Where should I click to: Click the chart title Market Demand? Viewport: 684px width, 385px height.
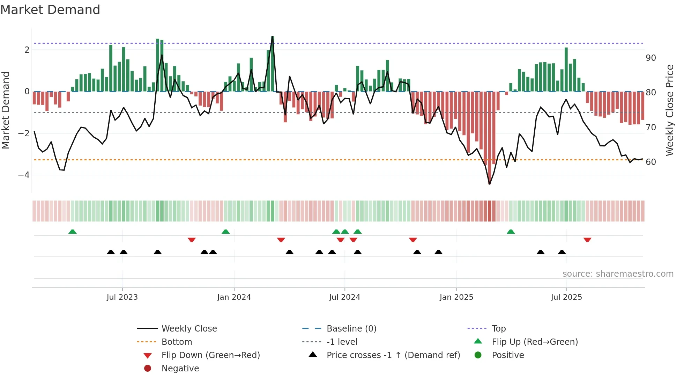point(50,10)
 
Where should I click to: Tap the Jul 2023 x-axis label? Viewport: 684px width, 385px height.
point(122,297)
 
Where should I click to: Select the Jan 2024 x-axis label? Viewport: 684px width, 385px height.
point(234,297)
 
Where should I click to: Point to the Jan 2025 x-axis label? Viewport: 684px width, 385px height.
point(456,297)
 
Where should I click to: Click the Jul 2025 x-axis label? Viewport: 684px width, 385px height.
point(566,297)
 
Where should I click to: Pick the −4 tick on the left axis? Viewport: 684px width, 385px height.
point(24,175)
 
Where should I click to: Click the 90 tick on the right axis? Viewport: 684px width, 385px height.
point(651,58)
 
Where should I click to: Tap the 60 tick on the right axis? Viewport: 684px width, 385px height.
point(651,162)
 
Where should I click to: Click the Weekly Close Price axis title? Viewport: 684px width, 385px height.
point(669,110)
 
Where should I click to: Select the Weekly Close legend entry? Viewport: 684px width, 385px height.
point(189,329)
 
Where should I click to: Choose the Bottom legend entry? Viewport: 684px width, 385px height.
point(177,342)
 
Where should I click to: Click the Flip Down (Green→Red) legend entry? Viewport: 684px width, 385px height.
point(210,355)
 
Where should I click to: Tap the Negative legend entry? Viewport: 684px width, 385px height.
point(180,369)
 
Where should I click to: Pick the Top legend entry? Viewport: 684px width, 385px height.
point(499,329)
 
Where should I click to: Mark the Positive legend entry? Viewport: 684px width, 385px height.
point(508,355)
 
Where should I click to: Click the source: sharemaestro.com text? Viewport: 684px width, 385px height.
point(618,274)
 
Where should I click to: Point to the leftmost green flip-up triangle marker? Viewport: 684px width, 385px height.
point(72,232)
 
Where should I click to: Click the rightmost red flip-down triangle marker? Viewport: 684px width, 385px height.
point(587,240)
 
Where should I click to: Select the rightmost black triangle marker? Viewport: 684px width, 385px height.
point(562,252)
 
